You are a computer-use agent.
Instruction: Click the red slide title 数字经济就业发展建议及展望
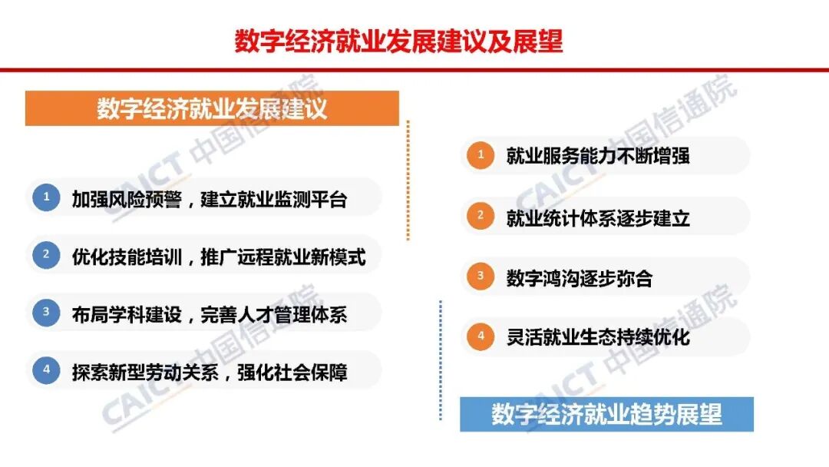398,41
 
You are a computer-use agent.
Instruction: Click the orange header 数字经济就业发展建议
212,108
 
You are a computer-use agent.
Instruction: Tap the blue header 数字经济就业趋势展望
606,415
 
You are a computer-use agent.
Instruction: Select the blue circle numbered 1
46,197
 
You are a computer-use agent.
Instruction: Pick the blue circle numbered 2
46,254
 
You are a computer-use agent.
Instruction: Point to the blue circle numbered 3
46,312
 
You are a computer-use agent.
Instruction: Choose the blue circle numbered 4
46,370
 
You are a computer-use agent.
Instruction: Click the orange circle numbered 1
481,156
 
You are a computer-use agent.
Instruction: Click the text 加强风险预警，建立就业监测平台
210,200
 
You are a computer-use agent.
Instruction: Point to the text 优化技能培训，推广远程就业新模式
219,257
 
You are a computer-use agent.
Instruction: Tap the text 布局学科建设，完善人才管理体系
210,314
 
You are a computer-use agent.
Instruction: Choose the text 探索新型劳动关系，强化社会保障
210,373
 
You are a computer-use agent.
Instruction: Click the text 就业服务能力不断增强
598,157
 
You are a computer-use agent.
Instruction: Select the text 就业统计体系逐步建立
598,218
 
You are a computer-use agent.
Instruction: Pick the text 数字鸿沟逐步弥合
580,278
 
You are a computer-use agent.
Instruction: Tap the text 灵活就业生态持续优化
598,337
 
